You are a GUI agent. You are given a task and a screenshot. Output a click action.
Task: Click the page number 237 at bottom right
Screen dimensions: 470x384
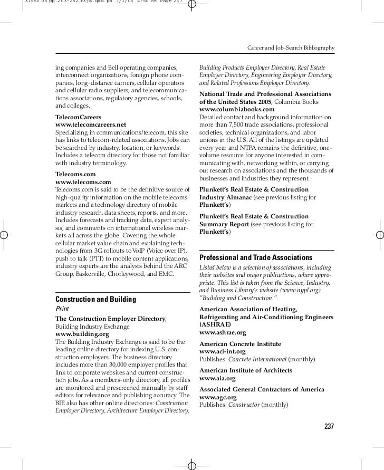click(329, 426)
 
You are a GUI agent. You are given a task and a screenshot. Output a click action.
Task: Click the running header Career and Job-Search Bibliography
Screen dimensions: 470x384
click(291, 48)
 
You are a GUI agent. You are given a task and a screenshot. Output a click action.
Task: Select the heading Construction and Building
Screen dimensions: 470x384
click(95, 300)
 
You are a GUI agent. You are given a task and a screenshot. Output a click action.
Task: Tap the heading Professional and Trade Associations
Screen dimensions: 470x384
click(256, 257)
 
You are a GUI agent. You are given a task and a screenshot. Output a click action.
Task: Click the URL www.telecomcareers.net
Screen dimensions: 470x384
click(91, 124)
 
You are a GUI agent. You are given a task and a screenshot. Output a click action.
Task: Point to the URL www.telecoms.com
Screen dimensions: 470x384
click(83, 182)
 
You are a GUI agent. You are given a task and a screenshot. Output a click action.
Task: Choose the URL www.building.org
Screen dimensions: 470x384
click(82, 334)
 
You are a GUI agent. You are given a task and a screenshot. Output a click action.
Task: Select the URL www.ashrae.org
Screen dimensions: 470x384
click(223, 333)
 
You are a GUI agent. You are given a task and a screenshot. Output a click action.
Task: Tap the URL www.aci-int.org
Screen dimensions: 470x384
click(222, 351)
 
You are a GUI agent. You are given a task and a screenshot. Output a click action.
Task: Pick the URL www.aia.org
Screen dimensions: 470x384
click(217, 378)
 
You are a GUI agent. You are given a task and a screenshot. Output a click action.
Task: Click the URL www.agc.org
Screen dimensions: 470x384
click(217, 397)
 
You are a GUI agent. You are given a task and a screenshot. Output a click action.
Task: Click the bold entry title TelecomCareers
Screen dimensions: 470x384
click(79, 117)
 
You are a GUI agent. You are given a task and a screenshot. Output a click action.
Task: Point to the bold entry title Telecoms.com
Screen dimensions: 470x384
click(75, 174)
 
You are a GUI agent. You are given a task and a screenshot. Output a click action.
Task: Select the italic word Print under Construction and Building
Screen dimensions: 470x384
click(62, 309)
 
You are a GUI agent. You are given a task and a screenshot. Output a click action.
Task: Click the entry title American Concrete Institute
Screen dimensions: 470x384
click(240, 344)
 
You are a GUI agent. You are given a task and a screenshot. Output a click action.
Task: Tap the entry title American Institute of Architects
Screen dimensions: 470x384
click(246, 371)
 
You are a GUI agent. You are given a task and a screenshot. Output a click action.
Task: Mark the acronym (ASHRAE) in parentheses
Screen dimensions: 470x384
click(215, 325)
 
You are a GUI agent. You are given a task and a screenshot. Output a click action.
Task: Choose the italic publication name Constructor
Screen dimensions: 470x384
click(244, 405)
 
